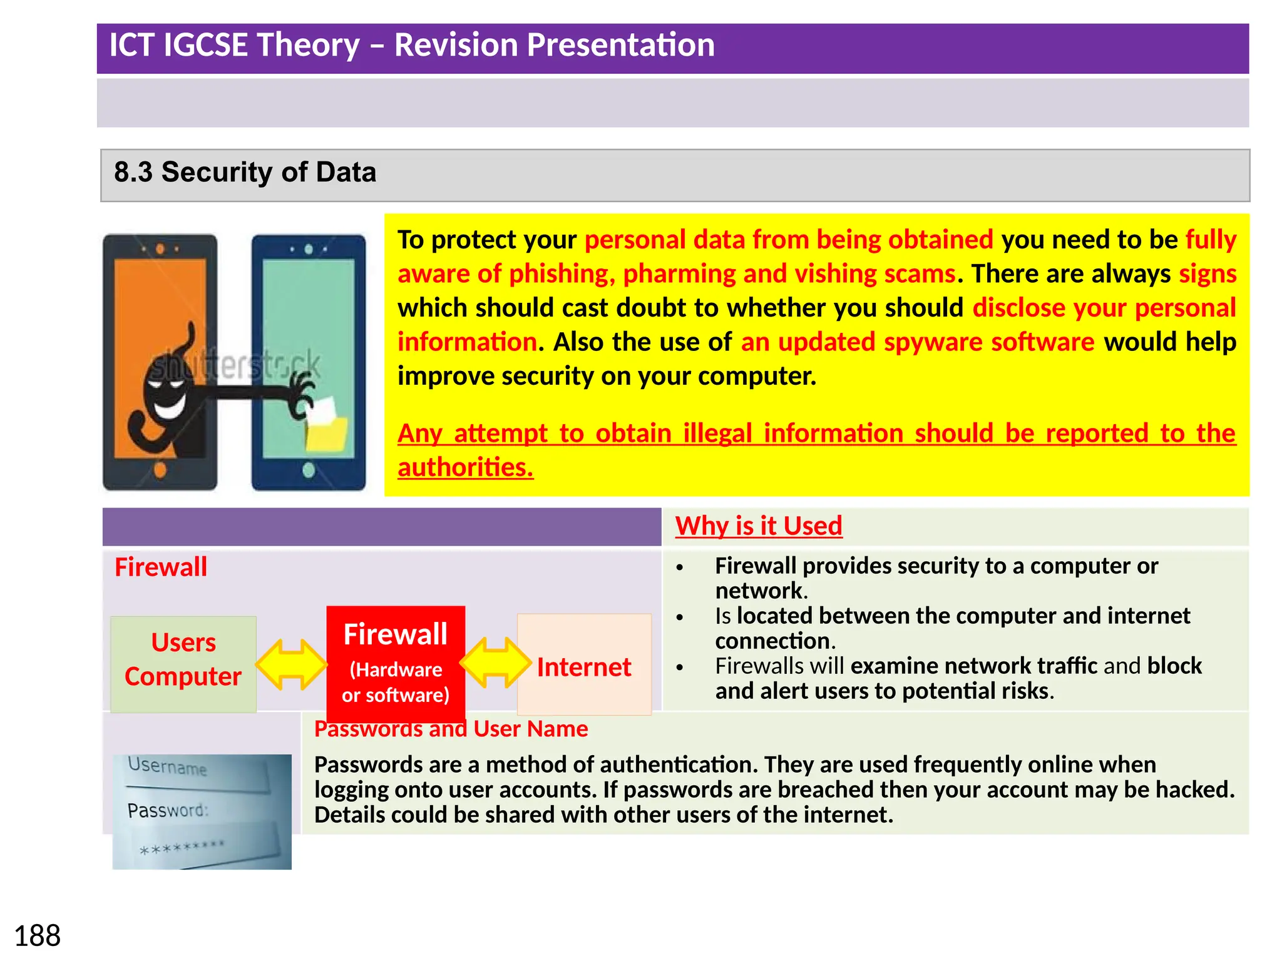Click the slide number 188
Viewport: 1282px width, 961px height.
[37, 936]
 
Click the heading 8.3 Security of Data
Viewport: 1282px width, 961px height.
[245, 172]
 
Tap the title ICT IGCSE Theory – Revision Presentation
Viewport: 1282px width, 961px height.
[411, 45]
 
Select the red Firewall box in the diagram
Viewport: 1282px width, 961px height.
[396, 663]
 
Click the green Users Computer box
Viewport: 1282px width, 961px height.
[183, 661]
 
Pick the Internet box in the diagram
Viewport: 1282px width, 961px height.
[583, 666]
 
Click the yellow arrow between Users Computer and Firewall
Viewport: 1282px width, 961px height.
[291, 664]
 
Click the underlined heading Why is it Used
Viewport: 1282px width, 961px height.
[758, 526]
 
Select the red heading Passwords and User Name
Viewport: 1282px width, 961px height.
[451, 729]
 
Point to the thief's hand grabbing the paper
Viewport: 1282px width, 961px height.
[303, 394]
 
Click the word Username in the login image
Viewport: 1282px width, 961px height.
[167, 766]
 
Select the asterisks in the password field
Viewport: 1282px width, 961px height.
[182, 848]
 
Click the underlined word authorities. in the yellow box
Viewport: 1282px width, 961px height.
[465, 467]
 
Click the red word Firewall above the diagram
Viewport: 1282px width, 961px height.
[160, 567]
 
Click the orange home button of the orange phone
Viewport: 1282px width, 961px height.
[160, 469]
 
